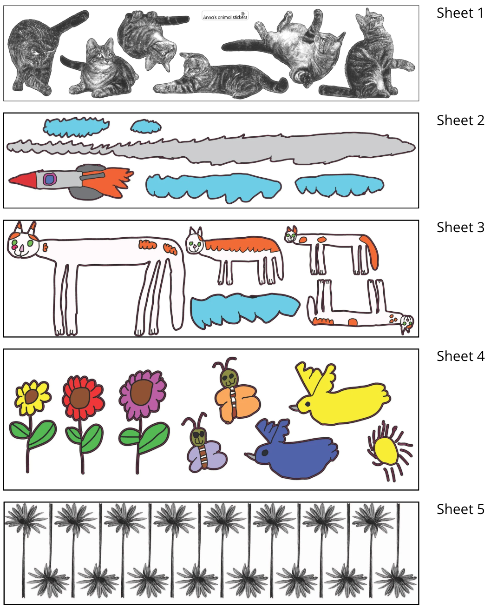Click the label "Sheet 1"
(x=460, y=13)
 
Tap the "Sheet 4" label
(x=460, y=356)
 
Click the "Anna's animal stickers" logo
(x=225, y=16)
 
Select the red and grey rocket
(x=70, y=180)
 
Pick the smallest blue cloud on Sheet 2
(x=146, y=127)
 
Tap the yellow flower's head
(x=32, y=397)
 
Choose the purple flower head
(x=143, y=392)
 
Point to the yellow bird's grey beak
(x=295, y=408)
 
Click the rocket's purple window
(x=49, y=179)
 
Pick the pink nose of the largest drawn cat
(x=21, y=248)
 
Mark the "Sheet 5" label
(x=460, y=509)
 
